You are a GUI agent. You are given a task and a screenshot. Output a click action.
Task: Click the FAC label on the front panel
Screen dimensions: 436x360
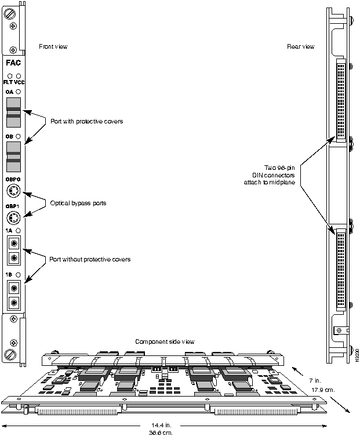coord(13,63)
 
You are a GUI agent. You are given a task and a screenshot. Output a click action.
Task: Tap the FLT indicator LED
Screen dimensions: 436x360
coord(9,76)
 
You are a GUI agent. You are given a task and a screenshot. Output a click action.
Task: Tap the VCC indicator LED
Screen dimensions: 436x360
coord(19,76)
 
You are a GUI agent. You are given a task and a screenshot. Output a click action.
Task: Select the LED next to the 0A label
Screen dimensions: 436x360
coord(19,92)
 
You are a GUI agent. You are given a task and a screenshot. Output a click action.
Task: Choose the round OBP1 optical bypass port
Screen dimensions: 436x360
coord(13,218)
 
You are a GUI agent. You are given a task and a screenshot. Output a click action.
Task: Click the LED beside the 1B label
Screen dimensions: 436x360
coord(19,274)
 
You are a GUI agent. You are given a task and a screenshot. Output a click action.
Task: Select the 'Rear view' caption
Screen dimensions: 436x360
coord(301,46)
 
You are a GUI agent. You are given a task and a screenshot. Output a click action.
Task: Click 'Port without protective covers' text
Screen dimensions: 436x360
coord(90,259)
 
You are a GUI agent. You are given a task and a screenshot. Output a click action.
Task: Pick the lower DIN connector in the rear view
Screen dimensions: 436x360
coord(340,270)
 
